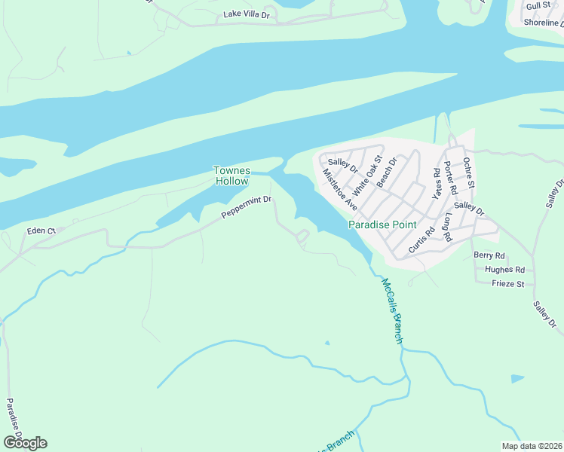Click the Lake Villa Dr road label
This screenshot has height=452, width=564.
[247, 15]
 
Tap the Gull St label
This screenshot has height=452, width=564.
[539, 6]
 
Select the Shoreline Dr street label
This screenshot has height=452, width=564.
[543, 23]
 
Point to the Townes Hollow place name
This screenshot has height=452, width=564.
[232, 176]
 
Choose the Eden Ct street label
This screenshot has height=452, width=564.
[41, 230]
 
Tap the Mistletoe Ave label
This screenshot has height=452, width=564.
[339, 188]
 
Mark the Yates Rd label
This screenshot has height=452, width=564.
[435, 182]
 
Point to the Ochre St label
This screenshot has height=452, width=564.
[469, 173]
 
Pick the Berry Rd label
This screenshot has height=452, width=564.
[489, 255]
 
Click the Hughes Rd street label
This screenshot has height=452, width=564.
[505, 269]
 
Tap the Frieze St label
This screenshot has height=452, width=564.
[507, 284]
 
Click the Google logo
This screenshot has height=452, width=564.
[25, 442]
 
